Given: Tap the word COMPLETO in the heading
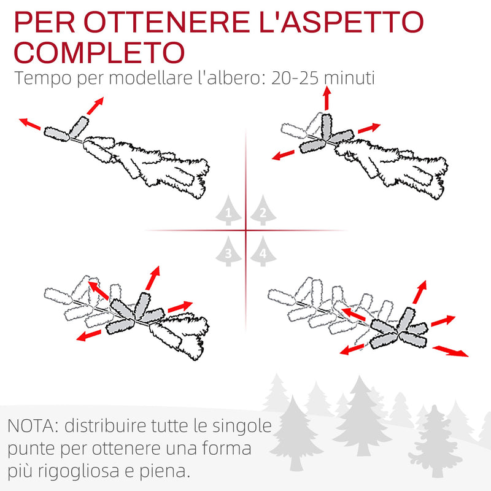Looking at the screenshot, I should point(99,53).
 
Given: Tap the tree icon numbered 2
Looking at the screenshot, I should point(263,212).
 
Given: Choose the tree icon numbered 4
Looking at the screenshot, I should point(263,252).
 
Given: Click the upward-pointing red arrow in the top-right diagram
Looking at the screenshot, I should point(327,98).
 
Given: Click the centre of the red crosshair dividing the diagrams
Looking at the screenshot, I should point(245,231).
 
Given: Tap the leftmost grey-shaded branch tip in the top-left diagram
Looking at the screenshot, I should point(56,133).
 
